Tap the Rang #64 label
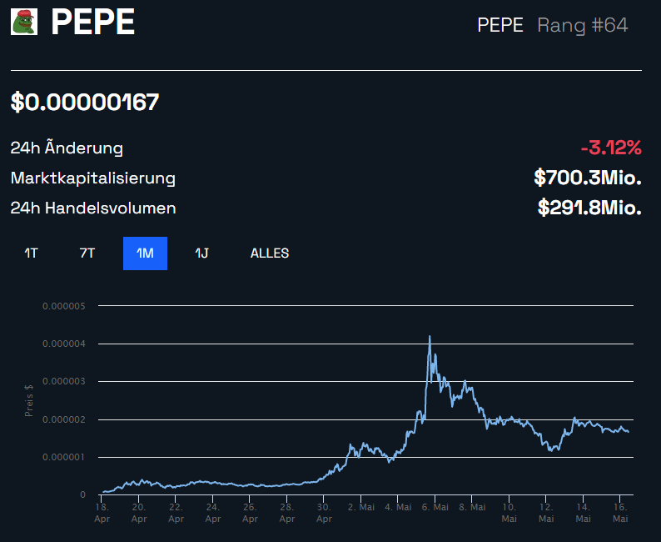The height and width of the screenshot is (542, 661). tap(582, 25)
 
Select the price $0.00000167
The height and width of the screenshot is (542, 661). tap(85, 103)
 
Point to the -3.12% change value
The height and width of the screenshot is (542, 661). tap(611, 148)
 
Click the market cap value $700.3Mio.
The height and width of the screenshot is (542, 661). tap(587, 178)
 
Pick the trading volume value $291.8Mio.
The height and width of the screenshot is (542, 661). tap(589, 208)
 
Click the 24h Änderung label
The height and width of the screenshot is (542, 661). tap(67, 148)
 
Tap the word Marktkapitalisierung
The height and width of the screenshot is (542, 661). tap(92, 178)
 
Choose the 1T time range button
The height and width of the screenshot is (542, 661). tap(31, 253)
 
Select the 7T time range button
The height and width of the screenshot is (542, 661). tap(87, 253)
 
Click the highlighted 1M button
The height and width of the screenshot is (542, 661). tap(145, 253)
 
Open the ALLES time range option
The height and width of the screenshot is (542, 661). tap(270, 253)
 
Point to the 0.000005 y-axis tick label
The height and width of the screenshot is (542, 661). tap(64, 306)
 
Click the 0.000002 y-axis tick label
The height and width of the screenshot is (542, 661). tap(64, 419)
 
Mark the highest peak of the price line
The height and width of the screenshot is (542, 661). tap(430, 336)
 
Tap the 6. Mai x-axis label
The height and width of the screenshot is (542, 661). tap(435, 507)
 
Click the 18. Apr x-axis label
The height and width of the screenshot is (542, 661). tap(102, 512)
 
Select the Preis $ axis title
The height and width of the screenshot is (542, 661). tap(28, 400)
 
